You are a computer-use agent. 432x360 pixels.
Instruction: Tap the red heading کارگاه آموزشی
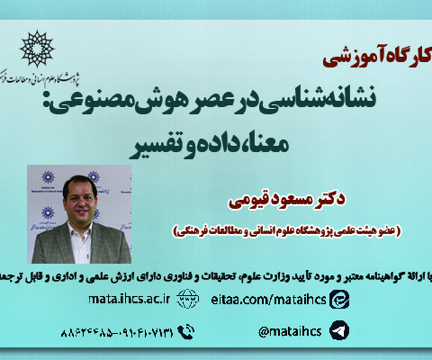click(370, 59)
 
